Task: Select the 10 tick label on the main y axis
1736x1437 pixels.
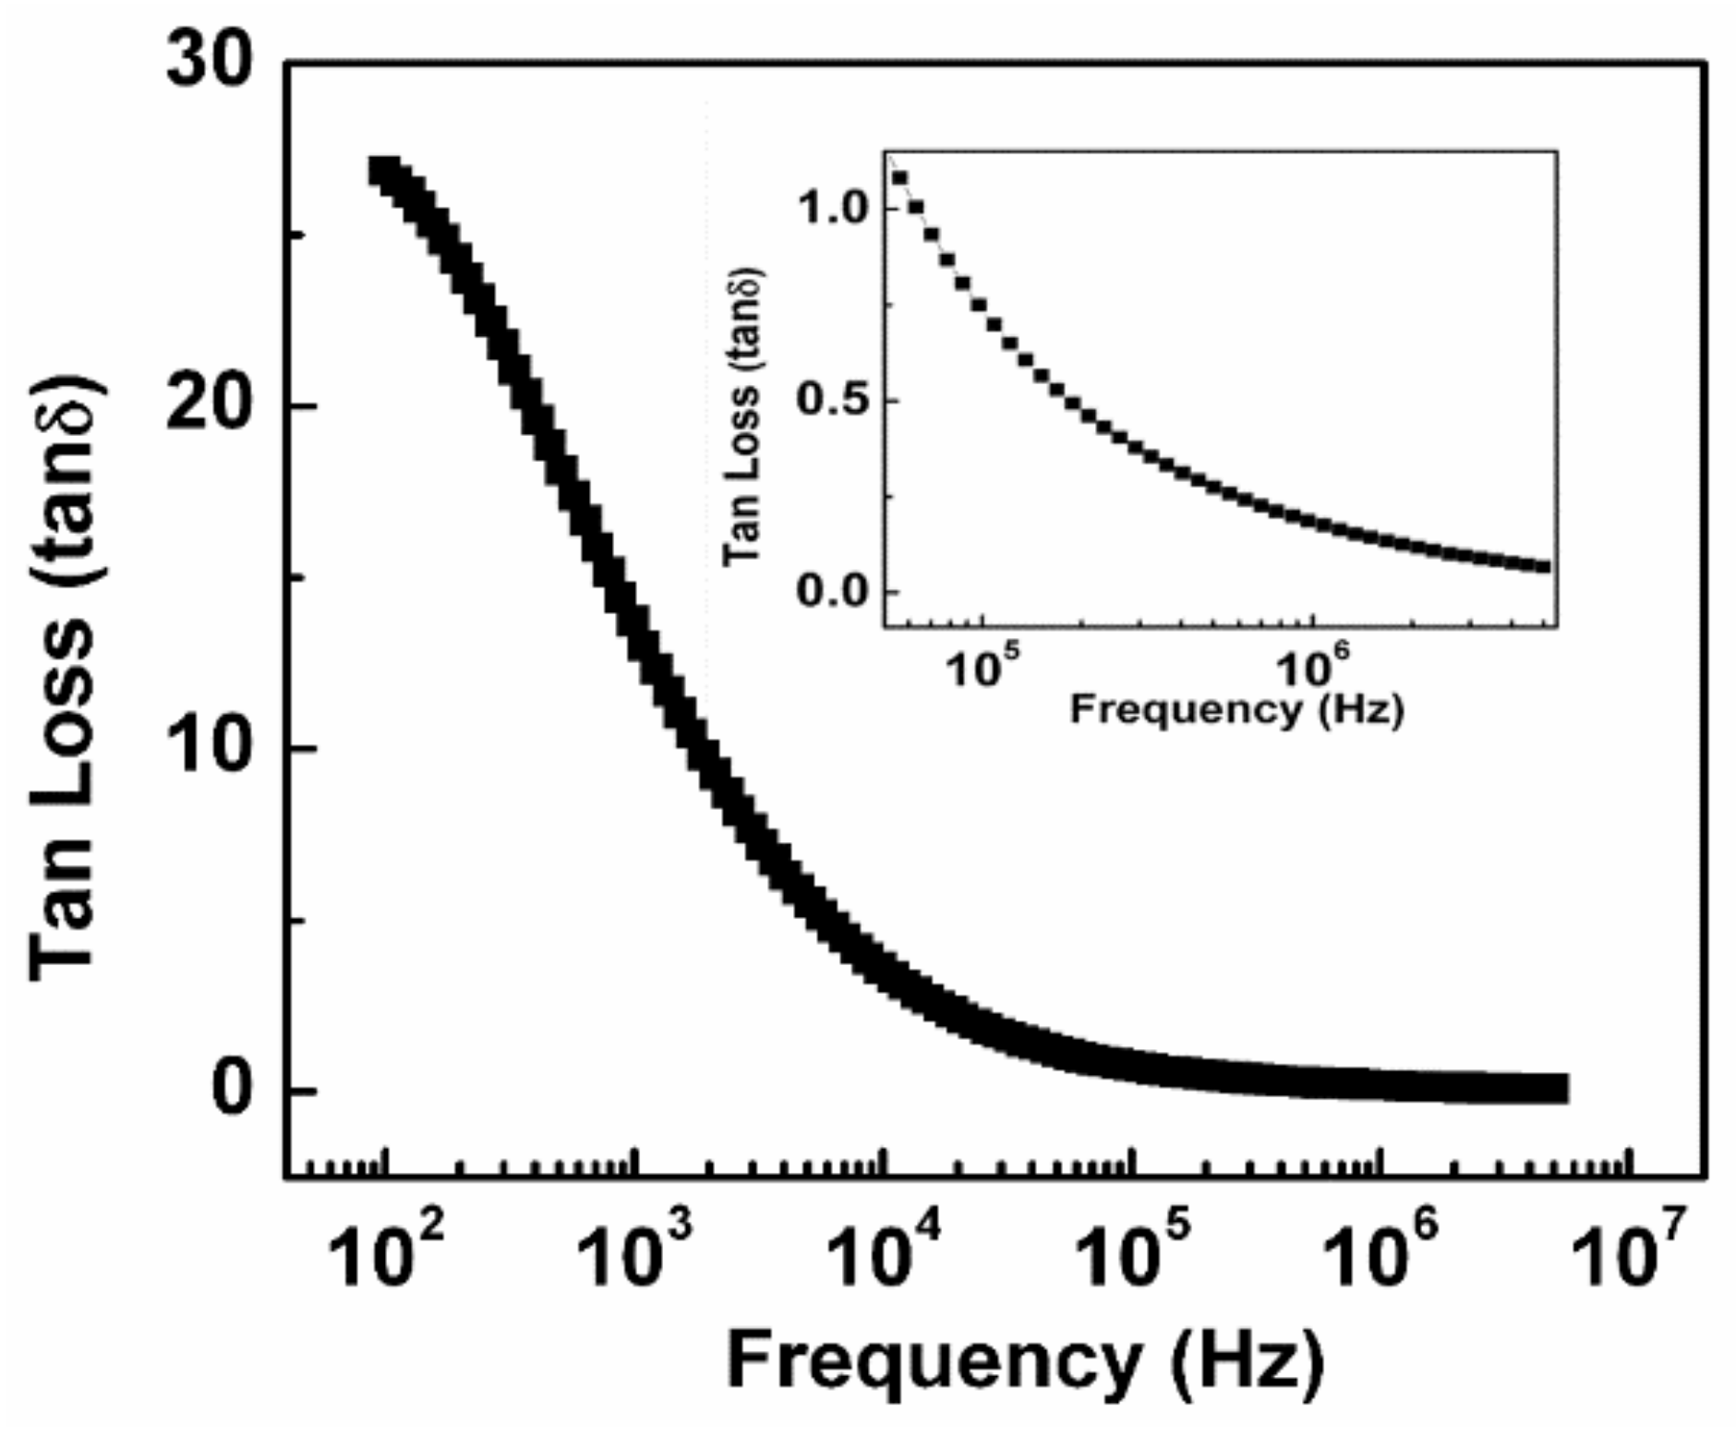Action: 211,748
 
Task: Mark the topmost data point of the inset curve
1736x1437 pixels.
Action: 899,177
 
